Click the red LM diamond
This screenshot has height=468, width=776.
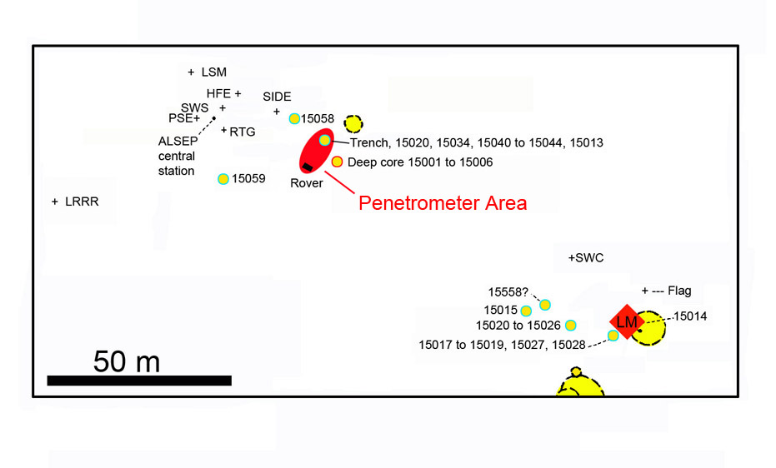tap(627, 321)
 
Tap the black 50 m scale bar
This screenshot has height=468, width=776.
tap(139, 380)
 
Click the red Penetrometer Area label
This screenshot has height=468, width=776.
tap(443, 203)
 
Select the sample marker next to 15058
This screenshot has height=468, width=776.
tap(294, 118)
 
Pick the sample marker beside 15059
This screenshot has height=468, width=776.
tap(223, 179)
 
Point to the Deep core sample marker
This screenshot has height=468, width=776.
tap(337, 162)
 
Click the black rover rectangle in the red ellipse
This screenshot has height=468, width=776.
tap(308, 167)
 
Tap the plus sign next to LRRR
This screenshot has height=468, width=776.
tap(55, 202)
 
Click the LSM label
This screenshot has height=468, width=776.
tap(214, 72)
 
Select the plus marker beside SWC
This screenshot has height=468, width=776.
tap(572, 258)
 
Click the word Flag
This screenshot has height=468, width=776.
tap(679, 291)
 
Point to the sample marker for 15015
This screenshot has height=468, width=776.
tap(526, 311)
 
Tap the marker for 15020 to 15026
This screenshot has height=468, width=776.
tap(571, 325)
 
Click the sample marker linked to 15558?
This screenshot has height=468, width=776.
tap(545, 305)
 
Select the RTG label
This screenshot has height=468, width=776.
tap(243, 132)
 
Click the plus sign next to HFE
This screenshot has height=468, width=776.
tap(238, 93)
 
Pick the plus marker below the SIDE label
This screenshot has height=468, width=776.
tap(277, 112)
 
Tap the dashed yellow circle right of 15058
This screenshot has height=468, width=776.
tap(353, 123)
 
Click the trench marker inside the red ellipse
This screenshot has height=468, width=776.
tap(325, 141)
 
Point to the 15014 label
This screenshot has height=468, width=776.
tap(690, 316)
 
